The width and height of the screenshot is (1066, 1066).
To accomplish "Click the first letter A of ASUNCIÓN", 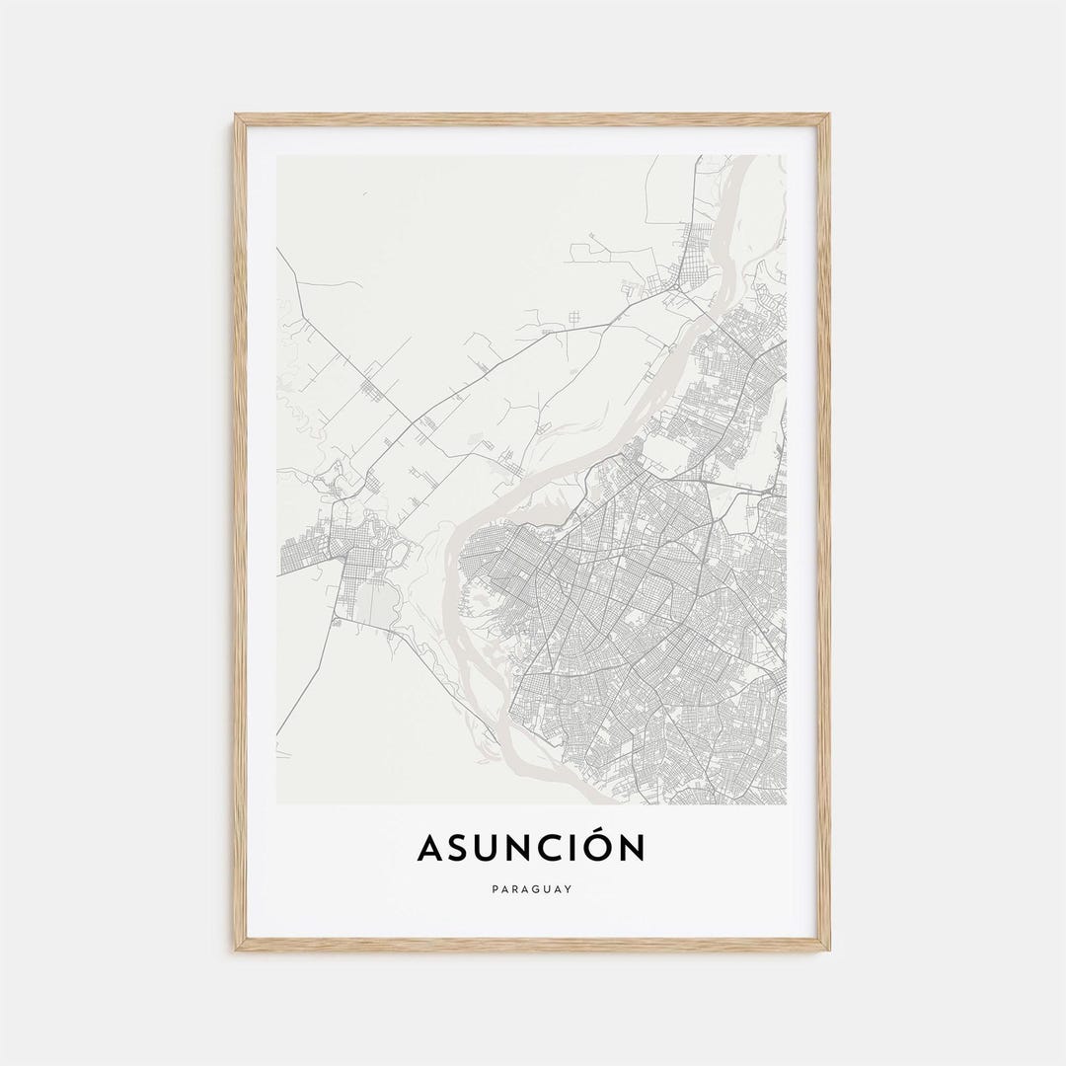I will click(x=430, y=847).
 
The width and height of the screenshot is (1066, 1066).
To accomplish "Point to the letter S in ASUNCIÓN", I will click(x=458, y=847).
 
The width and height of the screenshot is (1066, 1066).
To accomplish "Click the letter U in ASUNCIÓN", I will click(x=488, y=847).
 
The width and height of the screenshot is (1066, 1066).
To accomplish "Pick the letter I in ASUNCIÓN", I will click(x=576, y=847).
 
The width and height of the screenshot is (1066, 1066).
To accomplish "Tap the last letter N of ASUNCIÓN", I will click(x=632, y=847).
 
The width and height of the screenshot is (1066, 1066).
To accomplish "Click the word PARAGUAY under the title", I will click(x=533, y=889).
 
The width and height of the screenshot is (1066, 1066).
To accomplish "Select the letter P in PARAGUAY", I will click(x=495, y=889).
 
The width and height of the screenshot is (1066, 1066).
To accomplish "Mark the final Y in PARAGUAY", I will click(x=570, y=889).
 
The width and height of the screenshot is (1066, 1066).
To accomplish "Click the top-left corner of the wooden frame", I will click(x=237, y=116).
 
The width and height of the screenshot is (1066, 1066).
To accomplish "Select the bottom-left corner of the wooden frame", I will click(x=237, y=949).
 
